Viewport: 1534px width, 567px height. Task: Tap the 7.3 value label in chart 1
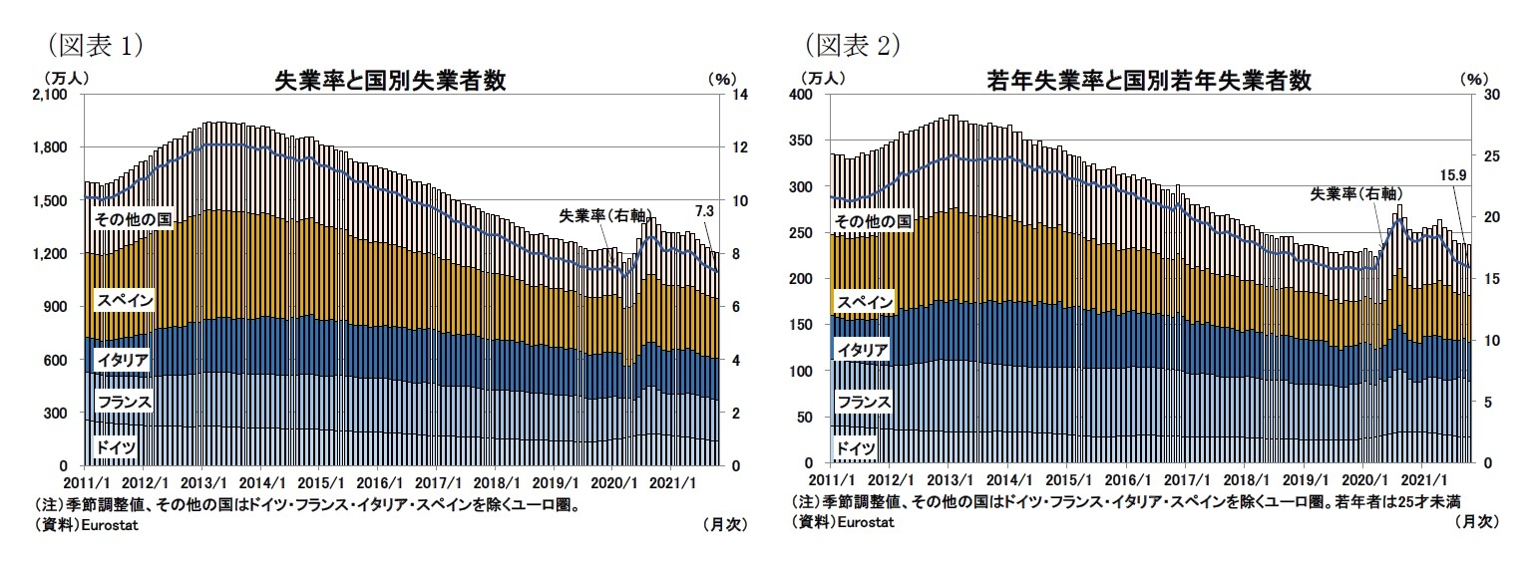coord(703,211)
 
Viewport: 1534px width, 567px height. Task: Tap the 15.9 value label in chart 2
coord(1452,174)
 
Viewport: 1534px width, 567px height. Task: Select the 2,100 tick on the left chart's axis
coord(50,95)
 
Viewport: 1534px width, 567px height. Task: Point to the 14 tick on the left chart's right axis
coord(742,95)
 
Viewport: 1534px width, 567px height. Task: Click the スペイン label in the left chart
coord(124,300)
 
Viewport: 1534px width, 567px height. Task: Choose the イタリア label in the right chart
coord(863,350)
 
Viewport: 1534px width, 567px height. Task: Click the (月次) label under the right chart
coord(1476,521)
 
